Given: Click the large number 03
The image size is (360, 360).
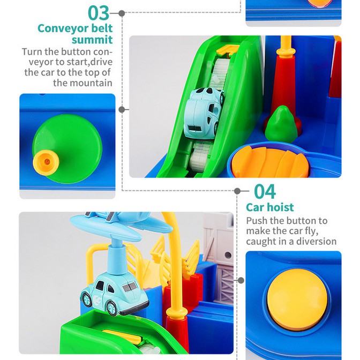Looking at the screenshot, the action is (x=99, y=13).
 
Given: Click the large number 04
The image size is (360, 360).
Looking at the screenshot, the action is (x=265, y=191).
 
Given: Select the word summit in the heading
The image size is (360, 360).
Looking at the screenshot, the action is (x=92, y=40).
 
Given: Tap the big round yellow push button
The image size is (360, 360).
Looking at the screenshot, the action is (x=297, y=300).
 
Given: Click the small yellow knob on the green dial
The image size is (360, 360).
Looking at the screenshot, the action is (x=47, y=162).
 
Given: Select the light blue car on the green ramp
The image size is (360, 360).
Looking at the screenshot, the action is (x=204, y=113).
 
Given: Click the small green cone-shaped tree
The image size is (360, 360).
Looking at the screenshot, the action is (x=281, y=124).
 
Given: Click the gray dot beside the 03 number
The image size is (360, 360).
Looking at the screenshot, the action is (x=122, y=13).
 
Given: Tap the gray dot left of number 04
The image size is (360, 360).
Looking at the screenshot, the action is (x=237, y=191).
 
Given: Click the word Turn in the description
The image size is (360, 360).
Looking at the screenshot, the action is (x=32, y=51).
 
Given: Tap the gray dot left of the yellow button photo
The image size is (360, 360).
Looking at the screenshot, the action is (x=241, y=280).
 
